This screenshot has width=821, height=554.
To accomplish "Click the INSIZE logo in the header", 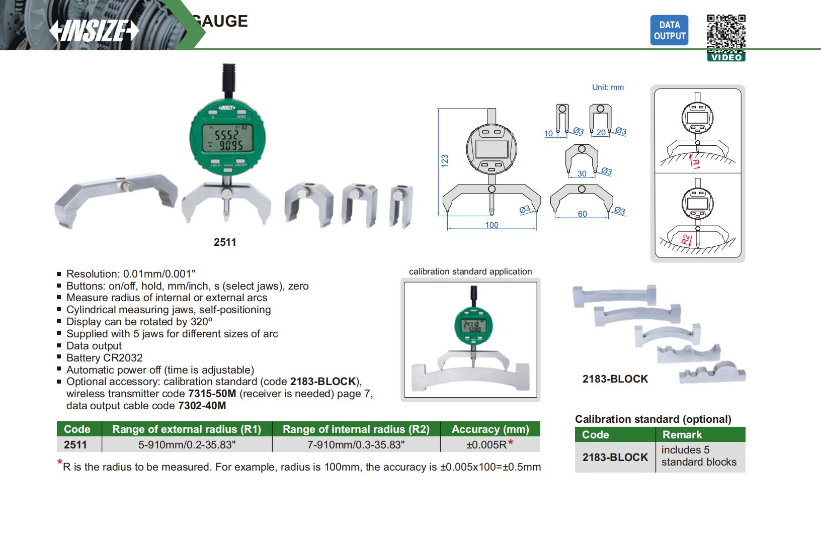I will (94, 30).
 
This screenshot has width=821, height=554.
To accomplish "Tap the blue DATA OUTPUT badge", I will (669, 31).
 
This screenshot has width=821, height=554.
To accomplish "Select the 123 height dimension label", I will (445, 161).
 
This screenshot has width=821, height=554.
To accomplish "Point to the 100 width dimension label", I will (491, 225).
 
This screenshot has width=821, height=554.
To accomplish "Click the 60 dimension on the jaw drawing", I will (582, 214).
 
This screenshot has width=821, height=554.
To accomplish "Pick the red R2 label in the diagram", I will (686, 239).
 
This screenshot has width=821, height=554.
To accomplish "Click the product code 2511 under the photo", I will (225, 242).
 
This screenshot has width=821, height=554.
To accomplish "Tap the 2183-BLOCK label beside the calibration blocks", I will (615, 379).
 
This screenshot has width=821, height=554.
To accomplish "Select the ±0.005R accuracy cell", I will (489, 444).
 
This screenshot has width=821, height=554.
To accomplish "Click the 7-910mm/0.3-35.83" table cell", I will (356, 444).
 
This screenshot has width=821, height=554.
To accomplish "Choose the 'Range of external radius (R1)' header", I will (187, 429).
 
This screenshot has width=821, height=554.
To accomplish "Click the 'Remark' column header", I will (682, 435).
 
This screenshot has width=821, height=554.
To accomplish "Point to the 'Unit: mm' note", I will (608, 87).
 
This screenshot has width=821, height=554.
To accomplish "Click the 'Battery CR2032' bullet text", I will (105, 358).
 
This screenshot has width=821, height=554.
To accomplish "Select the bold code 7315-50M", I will (211, 394).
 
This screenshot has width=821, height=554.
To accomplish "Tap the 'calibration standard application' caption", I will (470, 271).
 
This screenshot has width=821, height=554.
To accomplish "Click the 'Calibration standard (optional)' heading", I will (653, 419).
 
